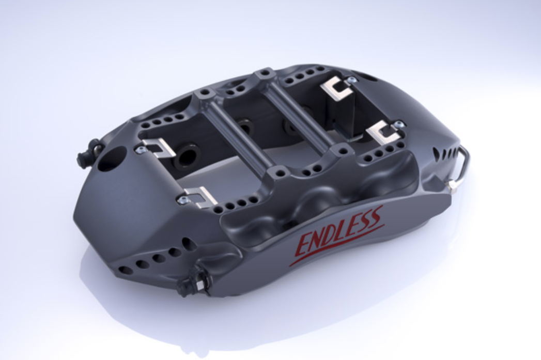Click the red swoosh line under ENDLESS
[337, 245]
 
